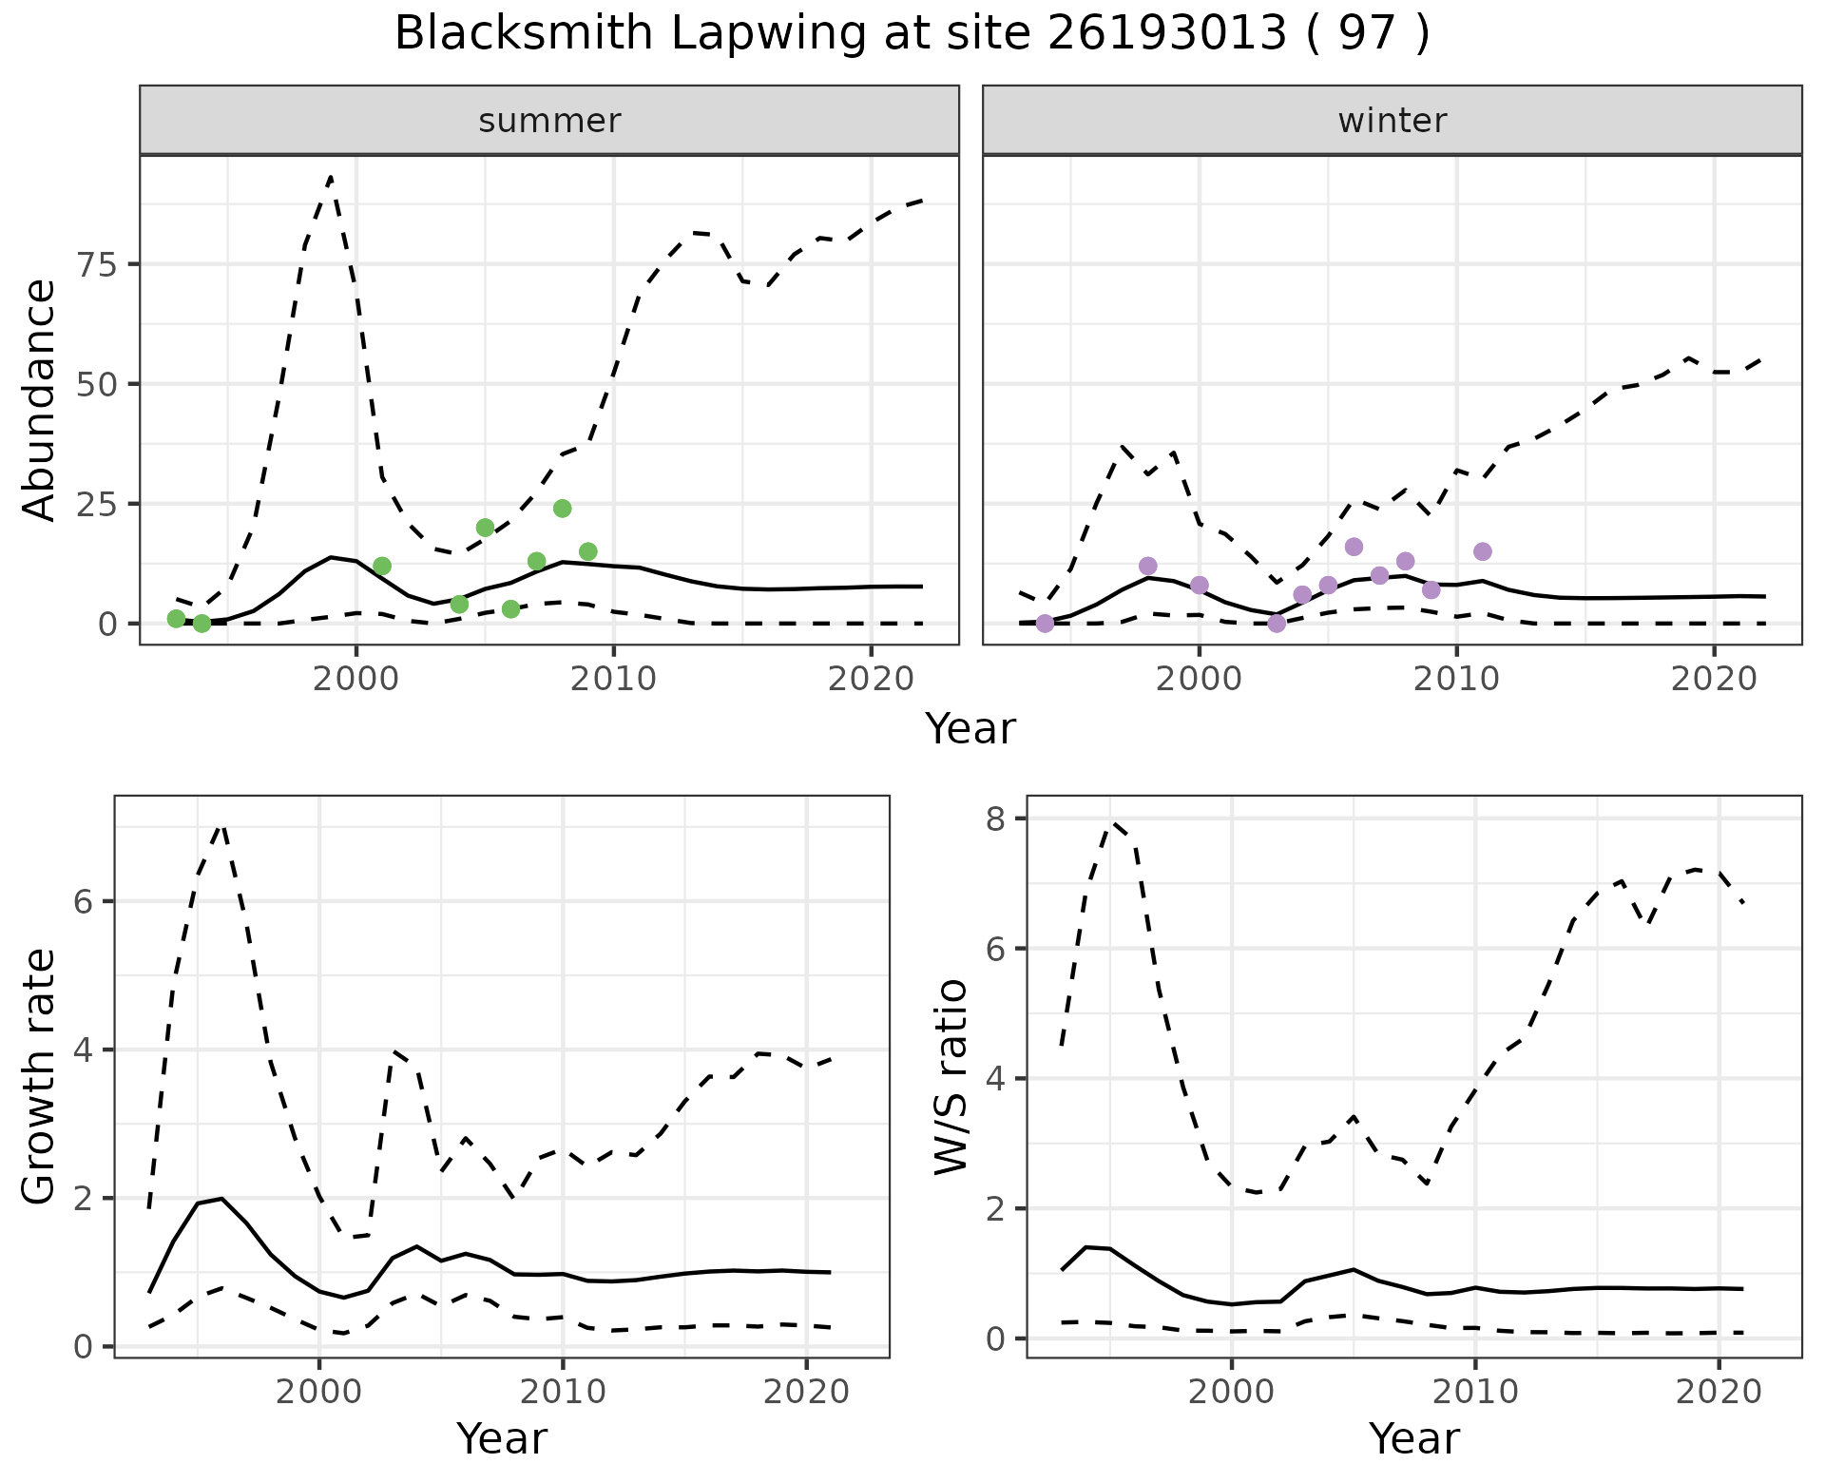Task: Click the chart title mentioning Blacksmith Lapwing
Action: point(912,34)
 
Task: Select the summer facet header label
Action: point(549,121)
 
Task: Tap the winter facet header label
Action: point(1392,121)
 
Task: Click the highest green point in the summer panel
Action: point(562,509)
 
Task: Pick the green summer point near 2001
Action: point(382,566)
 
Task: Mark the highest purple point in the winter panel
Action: point(1354,547)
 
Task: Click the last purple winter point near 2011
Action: point(1482,551)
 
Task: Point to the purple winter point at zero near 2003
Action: point(1277,624)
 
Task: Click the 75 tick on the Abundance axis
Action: point(95,264)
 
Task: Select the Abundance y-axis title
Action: point(40,399)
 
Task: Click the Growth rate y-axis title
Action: point(40,1077)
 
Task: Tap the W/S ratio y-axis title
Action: point(951,1077)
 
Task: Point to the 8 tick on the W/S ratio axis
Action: point(996,819)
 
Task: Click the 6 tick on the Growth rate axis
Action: point(84,901)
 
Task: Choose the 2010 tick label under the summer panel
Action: point(613,679)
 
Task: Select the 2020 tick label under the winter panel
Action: point(1714,679)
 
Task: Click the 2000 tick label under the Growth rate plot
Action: point(319,1393)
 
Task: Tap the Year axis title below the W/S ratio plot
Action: point(1413,1438)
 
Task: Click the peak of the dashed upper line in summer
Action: point(330,177)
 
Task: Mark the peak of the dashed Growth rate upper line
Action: point(221,825)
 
